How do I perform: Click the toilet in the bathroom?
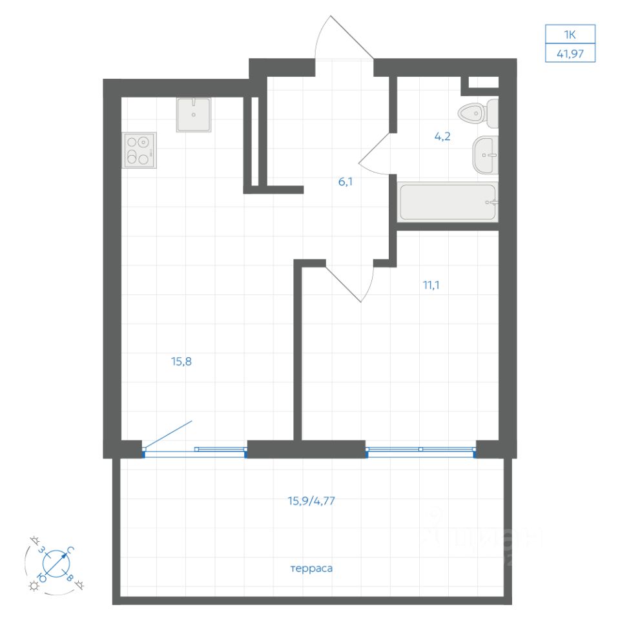[479, 114]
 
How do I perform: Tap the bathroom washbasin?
[486, 155]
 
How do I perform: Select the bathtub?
[448, 203]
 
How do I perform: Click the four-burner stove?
[139, 150]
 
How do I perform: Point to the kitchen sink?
[193, 115]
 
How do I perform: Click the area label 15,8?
[181, 362]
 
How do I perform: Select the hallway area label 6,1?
[346, 181]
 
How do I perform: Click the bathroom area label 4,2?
[442, 136]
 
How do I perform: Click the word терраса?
[311, 569]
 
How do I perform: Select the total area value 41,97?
[569, 54]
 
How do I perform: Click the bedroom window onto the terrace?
[420, 449]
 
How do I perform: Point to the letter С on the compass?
[70, 550]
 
